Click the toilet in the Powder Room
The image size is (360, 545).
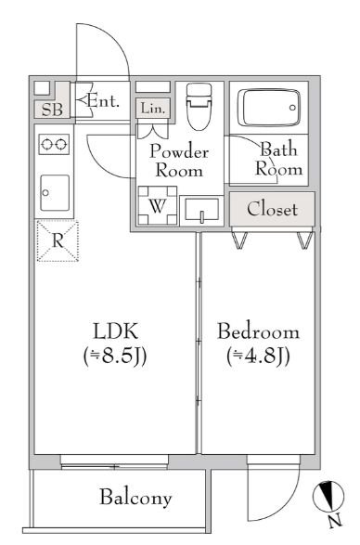click(x=199, y=107)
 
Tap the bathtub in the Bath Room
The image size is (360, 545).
click(x=269, y=108)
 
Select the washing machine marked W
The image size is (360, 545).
click(x=158, y=205)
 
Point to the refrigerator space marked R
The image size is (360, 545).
click(x=58, y=240)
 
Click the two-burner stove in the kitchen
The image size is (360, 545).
click(x=54, y=144)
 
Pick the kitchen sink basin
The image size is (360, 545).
click(x=55, y=192)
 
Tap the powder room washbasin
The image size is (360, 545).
click(x=202, y=210)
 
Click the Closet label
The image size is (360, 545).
click(x=273, y=209)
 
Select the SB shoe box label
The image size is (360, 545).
click(x=52, y=110)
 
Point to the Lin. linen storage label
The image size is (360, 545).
click(x=152, y=109)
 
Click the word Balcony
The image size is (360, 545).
click(x=135, y=498)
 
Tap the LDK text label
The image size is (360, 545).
click(x=116, y=331)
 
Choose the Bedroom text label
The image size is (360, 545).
click(x=258, y=331)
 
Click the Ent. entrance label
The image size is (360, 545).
click(x=103, y=101)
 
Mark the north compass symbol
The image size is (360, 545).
click(x=328, y=497)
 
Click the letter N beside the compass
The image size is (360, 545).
click(x=335, y=521)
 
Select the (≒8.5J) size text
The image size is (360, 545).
click(x=115, y=356)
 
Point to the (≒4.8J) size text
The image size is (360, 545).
click(x=258, y=356)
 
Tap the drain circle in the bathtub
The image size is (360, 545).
click(x=292, y=108)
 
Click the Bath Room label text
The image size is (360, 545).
click(x=278, y=159)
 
